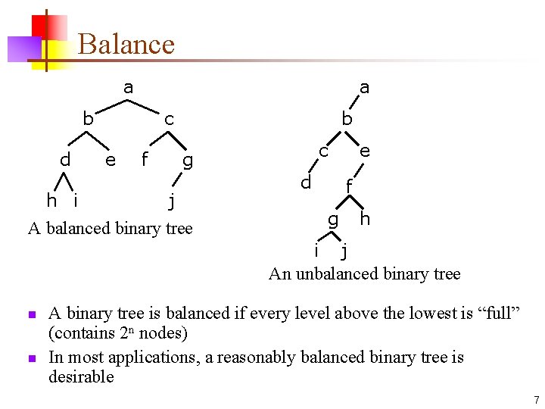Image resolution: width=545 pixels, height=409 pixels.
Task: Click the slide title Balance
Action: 126,44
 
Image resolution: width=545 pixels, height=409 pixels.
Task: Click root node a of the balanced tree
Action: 128,88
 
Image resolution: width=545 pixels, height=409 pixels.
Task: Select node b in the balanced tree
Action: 88,119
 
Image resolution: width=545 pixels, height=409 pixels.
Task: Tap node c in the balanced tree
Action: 169,120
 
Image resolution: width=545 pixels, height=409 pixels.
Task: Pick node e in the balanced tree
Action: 111,160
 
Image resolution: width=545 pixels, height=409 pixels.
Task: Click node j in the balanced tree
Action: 172,201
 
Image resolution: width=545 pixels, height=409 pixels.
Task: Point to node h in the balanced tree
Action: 51,200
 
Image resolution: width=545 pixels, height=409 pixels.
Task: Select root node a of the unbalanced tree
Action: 364,88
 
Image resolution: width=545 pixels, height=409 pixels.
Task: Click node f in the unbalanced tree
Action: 349,186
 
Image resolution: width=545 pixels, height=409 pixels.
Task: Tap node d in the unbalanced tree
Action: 305,183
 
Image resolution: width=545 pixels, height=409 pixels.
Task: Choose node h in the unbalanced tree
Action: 365,219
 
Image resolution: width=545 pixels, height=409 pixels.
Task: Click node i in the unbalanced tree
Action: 316,250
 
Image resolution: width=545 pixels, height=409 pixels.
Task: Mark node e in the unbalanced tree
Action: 365,151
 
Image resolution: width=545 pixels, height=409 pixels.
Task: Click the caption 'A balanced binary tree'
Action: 111,228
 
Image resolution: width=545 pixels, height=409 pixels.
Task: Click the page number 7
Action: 535,399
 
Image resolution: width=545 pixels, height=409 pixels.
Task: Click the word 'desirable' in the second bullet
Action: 81,376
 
